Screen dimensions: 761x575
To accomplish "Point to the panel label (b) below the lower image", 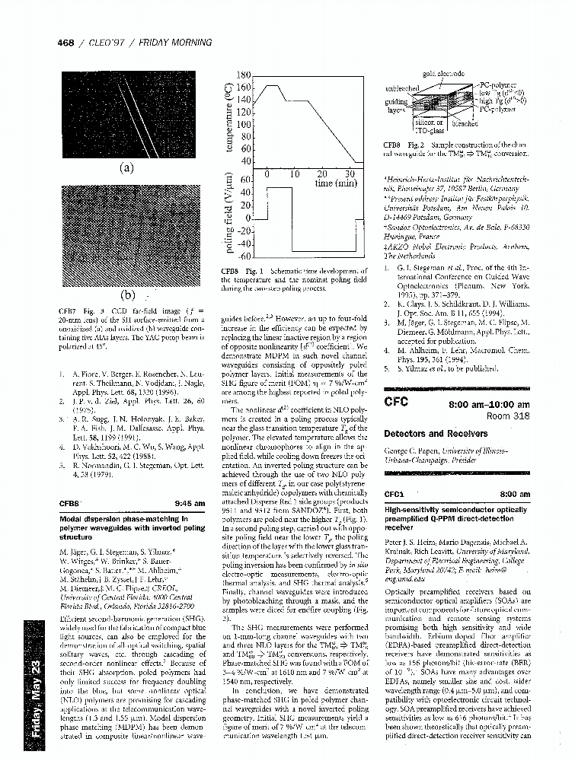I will tap(126, 295).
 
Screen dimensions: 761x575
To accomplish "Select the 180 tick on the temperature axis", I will tap(243, 75).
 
